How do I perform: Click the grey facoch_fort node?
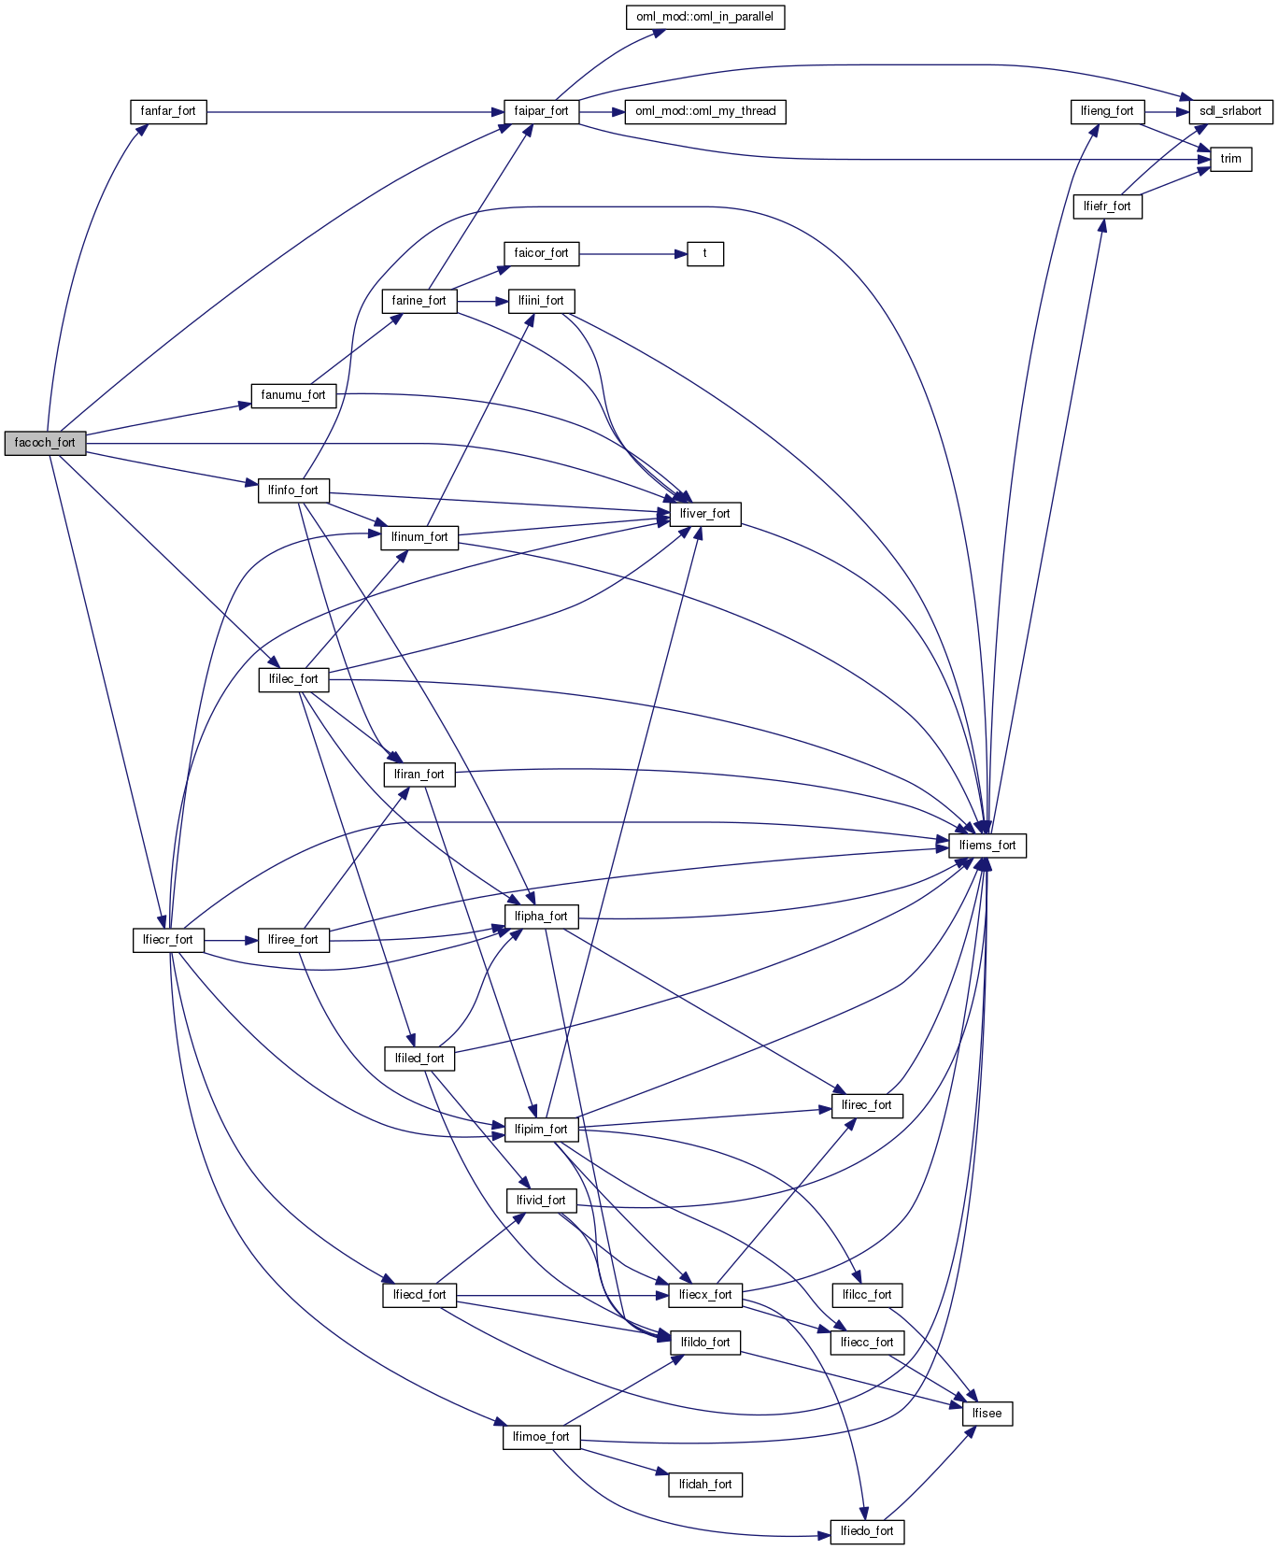(x=45, y=443)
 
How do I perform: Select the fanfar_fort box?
(x=168, y=111)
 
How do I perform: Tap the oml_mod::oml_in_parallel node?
(x=704, y=17)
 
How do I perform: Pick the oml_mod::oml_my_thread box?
(x=705, y=111)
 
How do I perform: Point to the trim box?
(x=1230, y=159)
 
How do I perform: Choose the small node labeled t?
(x=704, y=253)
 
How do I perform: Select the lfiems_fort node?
(x=987, y=846)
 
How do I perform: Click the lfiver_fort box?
(x=704, y=514)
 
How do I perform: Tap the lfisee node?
(x=987, y=1414)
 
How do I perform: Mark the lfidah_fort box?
(x=704, y=1485)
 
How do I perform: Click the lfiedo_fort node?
(x=867, y=1531)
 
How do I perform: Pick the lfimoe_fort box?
(x=541, y=1437)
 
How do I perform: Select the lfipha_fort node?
(x=541, y=917)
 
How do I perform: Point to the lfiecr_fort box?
(x=168, y=940)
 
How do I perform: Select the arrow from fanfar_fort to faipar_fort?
(x=355, y=111)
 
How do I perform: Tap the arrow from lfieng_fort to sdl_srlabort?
(x=1166, y=111)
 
